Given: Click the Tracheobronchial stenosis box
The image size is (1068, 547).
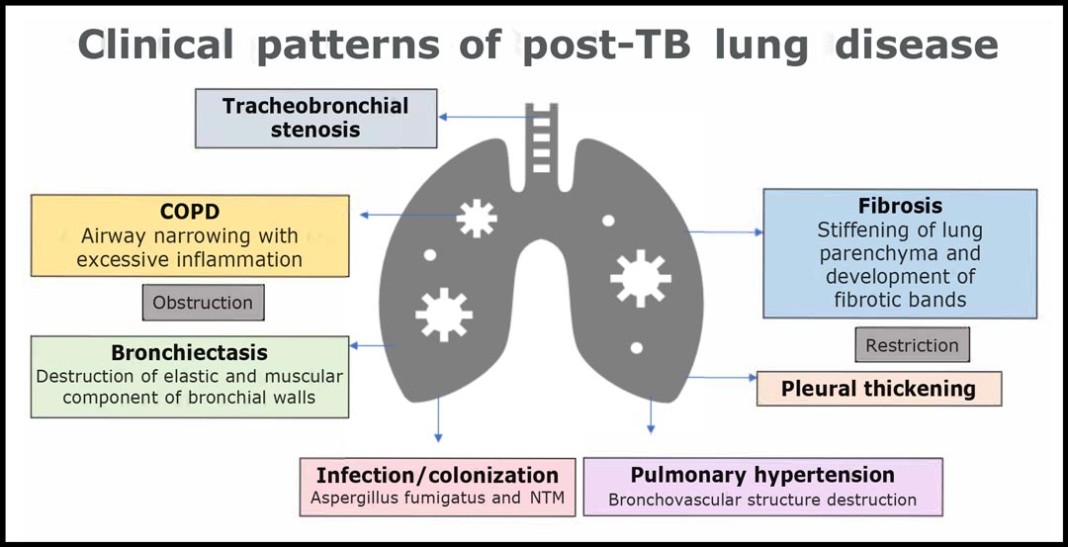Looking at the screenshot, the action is pyautogui.click(x=316, y=118).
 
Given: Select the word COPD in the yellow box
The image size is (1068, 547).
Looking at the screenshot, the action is pyautogui.click(x=190, y=212).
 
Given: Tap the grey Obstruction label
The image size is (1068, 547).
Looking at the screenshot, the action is pyautogui.click(x=203, y=303).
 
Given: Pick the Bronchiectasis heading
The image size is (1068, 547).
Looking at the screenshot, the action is pyautogui.click(x=189, y=353).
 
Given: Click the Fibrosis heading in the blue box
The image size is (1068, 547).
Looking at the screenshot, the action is pyautogui.click(x=901, y=206).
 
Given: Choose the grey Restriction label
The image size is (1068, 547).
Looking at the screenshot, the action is pyautogui.click(x=912, y=344).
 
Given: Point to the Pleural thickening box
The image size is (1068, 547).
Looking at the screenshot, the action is pyautogui.click(x=879, y=389).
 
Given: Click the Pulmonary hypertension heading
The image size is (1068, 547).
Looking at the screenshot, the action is pyautogui.click(x=762, y=475).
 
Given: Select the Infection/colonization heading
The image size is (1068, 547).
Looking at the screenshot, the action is pyautogui.click(x=438, y=475).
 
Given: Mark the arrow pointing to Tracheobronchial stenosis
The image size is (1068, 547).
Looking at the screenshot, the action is pyautogui.click(x=487, y=117).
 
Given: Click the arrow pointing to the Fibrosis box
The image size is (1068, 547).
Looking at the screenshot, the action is pyautogui.click(x=726, y=232).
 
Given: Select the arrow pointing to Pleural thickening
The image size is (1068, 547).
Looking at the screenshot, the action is pyautogui.click(x=722, y=377).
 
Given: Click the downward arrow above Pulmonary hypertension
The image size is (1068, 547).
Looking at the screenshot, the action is pyautogui.click(x=651, y=414).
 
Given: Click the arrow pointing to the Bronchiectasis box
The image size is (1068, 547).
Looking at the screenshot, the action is pyautogui.click(x=373, y=345).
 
